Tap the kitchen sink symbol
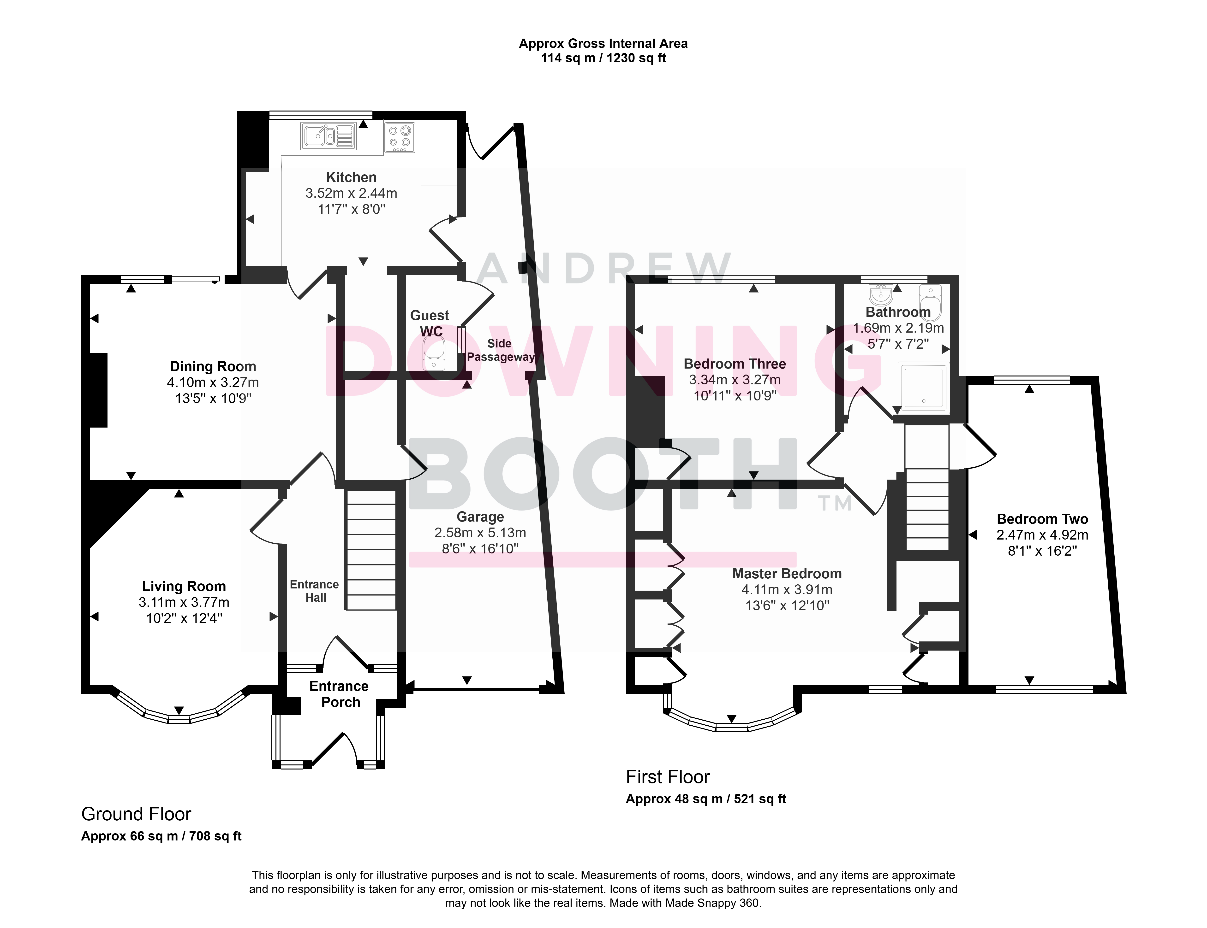[328, 136]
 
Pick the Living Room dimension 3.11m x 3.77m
[184, 602]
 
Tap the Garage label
[480, 517]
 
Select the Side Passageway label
[501, 350]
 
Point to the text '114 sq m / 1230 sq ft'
[603, 58]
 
